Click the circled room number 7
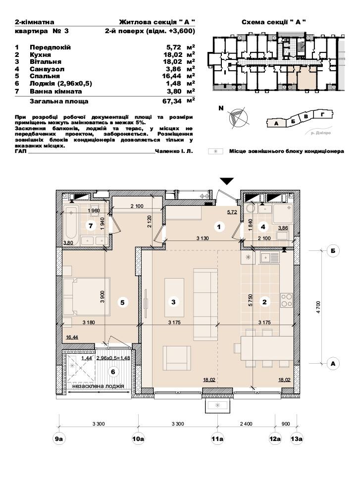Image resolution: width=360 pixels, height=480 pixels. click(x=91, y=226)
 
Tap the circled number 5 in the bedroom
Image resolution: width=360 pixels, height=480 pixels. click(x=122, y=302)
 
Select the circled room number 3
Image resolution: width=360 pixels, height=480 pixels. click(x=173, y=302)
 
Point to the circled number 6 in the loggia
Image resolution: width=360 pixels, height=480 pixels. click(x=113, y=372)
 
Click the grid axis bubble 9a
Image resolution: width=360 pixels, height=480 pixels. click(x=59, y=438)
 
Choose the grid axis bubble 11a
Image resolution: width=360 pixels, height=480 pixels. click(x=217, y=438)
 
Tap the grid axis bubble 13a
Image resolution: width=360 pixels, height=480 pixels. click(x=297, y=438)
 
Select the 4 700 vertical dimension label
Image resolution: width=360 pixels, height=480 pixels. click(x=318, y=307)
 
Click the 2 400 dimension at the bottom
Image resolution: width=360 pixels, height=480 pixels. click(x=246, y=424)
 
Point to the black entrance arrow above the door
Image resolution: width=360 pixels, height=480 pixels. click(x=227, y=181)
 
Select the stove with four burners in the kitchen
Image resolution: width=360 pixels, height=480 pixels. click(x=287, y=300)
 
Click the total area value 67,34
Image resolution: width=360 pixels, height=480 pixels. click(x=172, y=101)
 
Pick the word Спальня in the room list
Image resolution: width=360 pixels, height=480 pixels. click(x=45, y=76)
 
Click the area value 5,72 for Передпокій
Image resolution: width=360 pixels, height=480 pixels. click(x=174, y=48)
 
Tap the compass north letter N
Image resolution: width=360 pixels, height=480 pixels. click(x=221, y=108)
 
